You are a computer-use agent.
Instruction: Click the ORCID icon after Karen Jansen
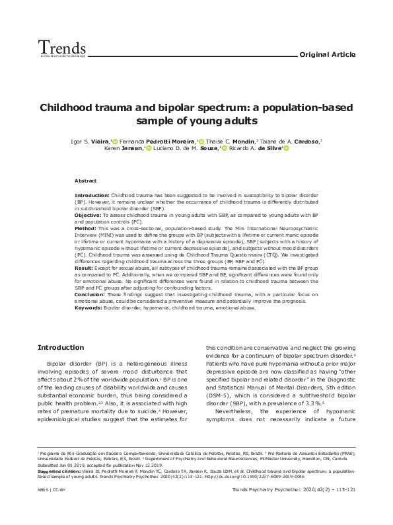click(149, 149)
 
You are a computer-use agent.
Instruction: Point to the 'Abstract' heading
click(85, 181)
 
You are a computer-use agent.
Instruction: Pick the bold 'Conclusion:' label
click(90, 294)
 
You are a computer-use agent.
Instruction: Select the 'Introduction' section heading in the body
click(60, 347)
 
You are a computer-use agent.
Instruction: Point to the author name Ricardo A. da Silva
click(259, 149)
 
